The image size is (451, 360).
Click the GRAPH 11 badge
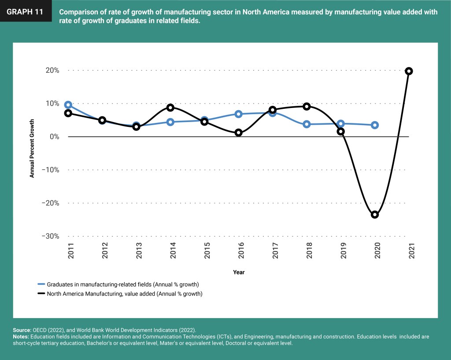(x=25, y=12)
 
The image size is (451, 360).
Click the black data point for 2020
(x=375, y=215)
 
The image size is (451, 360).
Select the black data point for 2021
(x=409, y=71)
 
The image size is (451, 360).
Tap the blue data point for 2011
(x=68, y=105)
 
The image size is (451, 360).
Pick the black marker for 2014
(x=170, y=108)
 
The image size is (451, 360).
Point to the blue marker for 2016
(x=238, y=114)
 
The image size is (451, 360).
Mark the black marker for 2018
(x=307, y=106)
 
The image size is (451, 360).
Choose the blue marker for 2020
(x=375, y=125)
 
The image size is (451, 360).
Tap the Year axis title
(x=239, y=272)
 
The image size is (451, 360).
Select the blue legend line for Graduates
(x=41, y=284)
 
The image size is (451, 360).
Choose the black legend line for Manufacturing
(x=41, y=293)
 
